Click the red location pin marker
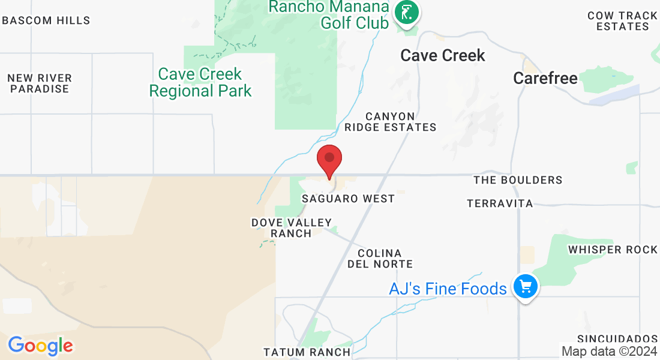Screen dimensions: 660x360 click(x=329, y=160)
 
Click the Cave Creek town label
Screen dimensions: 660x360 click(x=443, y=56)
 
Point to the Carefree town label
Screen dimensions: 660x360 click(x=545, y=78)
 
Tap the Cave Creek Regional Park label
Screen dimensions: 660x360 click(x=200, y=82)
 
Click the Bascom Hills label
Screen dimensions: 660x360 click(x=46, y=20)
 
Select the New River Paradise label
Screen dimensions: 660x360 click(x=40, y=83)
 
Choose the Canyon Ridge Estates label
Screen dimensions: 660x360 click(x=391, y=122)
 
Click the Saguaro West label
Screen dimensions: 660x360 click(x=349, y=199)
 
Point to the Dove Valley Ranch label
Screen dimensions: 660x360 click(x=292, y=228)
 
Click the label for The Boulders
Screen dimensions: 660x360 click(x=518, y=180)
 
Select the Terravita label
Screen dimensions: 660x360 click(x=500, y=204)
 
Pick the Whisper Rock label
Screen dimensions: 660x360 click(x=613, y=250)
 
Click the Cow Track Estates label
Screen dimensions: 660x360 click(x=623, y=21)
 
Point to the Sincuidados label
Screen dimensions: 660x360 click(x=617, y=339)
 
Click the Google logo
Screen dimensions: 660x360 click(x=40, y=346)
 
